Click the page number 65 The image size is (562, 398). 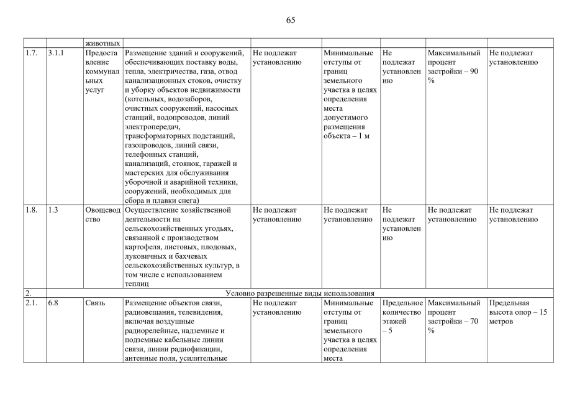tap(291, 20)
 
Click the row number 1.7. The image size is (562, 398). tap(31, 53)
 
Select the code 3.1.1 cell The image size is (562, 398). tap(56, 53)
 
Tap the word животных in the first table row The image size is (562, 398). tap(102, 44)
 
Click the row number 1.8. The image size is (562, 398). tap(31, 210)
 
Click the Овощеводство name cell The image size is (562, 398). tap(102, 215)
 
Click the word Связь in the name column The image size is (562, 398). tap(95, 303)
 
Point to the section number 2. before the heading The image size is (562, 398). tap(28, 293)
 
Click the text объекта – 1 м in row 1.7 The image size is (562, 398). tap(346, 136)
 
